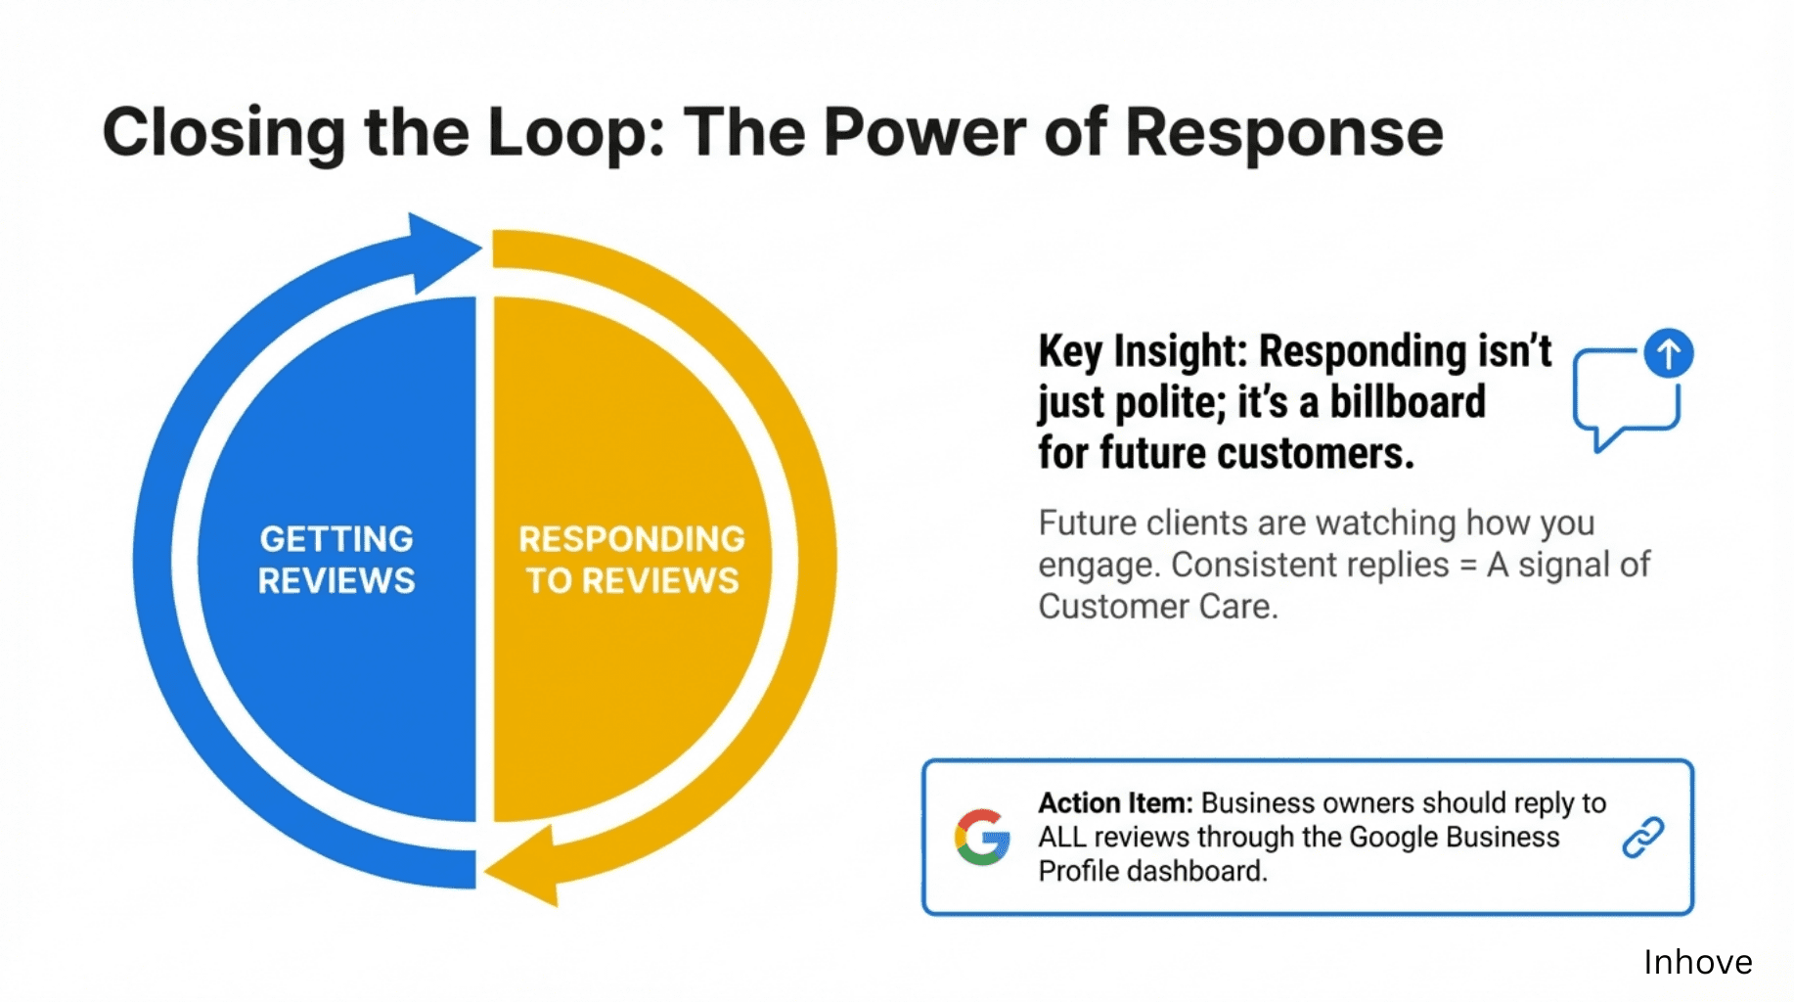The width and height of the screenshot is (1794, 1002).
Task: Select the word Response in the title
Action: tap(1283, 132)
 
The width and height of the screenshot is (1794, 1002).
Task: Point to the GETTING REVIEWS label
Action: tap(336, 560)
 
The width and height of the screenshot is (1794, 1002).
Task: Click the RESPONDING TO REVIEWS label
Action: tap(632, 560)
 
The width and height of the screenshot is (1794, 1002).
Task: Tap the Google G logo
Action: tap(982, 838)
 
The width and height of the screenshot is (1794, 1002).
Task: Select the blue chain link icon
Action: tap(1643, 838)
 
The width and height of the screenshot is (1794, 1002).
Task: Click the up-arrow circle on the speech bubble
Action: tap(1669, 352)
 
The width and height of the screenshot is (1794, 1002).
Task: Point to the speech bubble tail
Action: tap(1602, 439)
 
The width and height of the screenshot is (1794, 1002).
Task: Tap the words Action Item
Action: tap(1115, 803)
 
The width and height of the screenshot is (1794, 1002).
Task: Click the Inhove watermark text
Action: tap(1697, 962)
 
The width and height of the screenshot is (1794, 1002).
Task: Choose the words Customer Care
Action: tap(1157, 607)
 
